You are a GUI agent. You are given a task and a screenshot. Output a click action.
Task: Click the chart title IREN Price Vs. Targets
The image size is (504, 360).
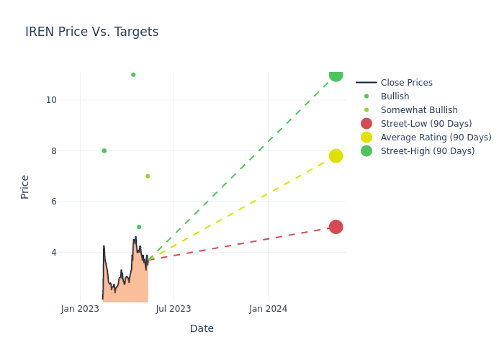click(91, 32)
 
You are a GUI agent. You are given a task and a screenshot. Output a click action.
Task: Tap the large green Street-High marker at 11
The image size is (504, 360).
click(336, 75)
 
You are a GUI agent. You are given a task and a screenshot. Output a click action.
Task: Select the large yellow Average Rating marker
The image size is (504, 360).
click(336, 156)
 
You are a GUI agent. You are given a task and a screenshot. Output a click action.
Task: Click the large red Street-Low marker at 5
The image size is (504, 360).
click(336, 227)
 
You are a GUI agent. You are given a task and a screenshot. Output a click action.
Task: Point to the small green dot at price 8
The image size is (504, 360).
click(104, 150)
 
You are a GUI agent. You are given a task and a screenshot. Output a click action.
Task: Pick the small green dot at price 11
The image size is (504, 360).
click(133, 75)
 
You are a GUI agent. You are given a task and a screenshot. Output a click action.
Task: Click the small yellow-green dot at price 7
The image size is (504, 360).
click(148, 176)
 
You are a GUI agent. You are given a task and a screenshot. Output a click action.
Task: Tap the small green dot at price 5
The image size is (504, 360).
click(139, 227)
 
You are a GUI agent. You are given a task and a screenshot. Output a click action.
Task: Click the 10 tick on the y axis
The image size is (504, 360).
click(51, 100)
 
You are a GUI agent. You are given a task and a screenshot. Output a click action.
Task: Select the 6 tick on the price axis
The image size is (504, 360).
click(53, 202)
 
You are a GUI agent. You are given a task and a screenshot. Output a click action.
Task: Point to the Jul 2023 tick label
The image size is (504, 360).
click(174, 309)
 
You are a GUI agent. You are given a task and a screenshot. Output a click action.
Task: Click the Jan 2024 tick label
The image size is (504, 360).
click(268, 309)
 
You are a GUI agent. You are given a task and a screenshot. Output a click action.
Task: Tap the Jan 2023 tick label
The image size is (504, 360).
click(80, 309)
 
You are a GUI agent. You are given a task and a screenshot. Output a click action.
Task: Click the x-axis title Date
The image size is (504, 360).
click(202, 329)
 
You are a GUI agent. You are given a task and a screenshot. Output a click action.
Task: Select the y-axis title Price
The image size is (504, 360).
click(25, 186)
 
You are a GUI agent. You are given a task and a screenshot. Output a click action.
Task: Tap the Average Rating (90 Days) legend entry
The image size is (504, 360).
click(436, 138)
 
